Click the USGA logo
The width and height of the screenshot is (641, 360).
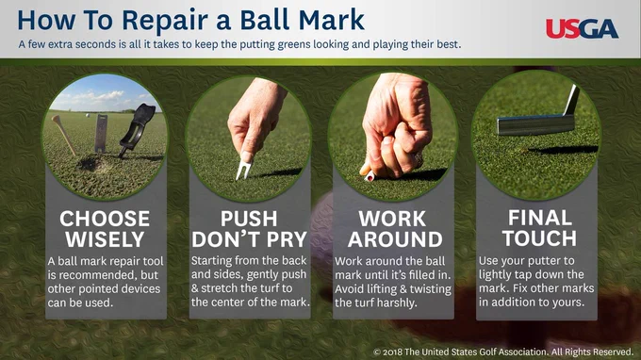pyautogui.click(x=582, y=28)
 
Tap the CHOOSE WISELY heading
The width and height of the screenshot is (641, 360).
pyautogui.click(x=105, y=229)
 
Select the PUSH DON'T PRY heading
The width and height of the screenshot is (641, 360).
pyautogui.click(x=249, y=229)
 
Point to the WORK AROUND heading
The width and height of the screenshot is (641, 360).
pyautogui.click(x=394, y=229)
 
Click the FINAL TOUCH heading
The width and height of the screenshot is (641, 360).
pyautogui.click(x=539, y=228)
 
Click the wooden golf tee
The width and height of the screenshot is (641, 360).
pyautogui.click(x=64, y=135)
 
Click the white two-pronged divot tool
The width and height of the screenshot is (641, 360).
pyautogui.click(x=244, y=168)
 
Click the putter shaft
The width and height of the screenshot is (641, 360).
pyautogui.click(x=571, y=100)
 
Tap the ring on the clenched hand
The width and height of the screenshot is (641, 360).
pyautogui.click(x=418, y=159)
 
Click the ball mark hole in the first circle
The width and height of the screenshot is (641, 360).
pyautogui.click(x=89, y=164)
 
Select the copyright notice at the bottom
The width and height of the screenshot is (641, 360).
pyautogui.click(x=503, y=352)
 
